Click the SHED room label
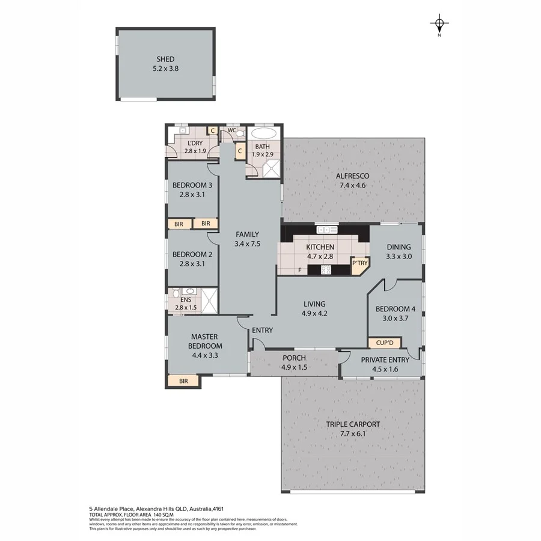pos(165,59)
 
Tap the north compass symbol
pos(439,25)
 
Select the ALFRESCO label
pos(352,176)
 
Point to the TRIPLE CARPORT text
pos(353,424)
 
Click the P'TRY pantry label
pos(359,263)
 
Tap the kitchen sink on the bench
pos(328,230)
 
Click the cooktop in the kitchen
pos(326,270)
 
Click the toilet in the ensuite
pos(175,294)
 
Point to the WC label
pos(231,129)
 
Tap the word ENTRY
pos(262,330)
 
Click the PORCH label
pos(294,358)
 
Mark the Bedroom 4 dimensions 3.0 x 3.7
pos(392,319)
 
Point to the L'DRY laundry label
pos(194,142)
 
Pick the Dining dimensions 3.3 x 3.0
pos(399,256)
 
